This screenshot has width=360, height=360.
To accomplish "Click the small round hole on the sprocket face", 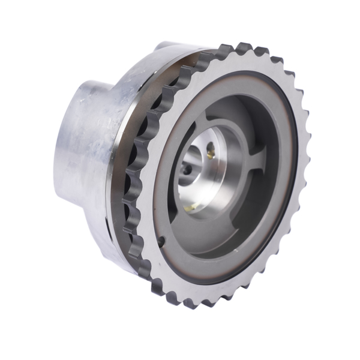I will pyautogui.click(x=162, y=242).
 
